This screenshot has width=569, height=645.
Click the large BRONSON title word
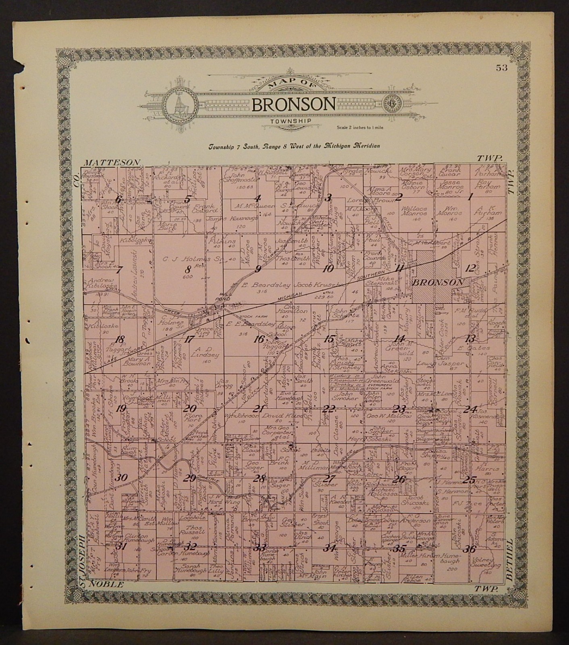(x=293, y=104)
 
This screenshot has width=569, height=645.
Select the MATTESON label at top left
(x=112, y=162)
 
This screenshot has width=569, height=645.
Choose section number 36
(x=470, y=549)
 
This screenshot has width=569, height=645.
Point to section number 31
(x=120, y=547)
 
